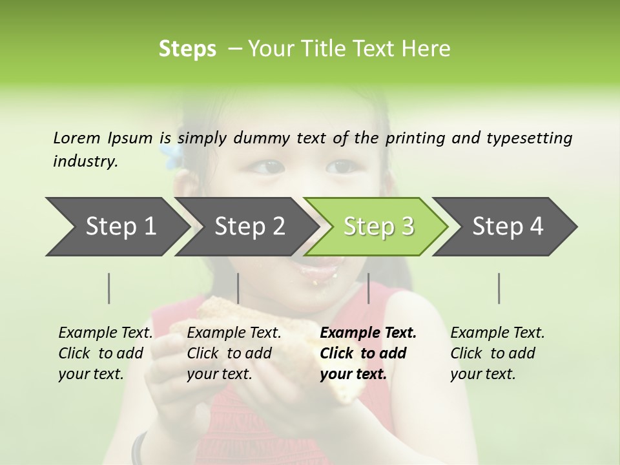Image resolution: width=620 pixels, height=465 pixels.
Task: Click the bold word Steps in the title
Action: click(187, 49)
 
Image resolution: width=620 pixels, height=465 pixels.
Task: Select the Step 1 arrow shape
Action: click(116, 227)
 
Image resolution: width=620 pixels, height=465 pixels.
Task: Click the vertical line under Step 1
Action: click(109, 289)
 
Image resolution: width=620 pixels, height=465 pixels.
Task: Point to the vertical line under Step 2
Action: click(238, 289)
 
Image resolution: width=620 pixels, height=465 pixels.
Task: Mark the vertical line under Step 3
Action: click(369, 289)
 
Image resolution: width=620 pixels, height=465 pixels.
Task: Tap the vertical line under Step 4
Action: click(499, 289)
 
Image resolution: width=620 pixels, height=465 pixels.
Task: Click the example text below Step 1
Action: click(105, 353)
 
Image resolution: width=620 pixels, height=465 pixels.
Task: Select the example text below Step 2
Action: click(234, 353)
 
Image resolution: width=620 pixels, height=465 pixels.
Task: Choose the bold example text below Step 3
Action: click(368, 353)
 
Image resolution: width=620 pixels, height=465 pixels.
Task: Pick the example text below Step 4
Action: click(497, 353)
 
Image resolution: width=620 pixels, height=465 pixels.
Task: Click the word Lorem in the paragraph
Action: click(77, 138)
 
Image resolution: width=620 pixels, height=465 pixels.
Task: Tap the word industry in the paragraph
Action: click(85, 161)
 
